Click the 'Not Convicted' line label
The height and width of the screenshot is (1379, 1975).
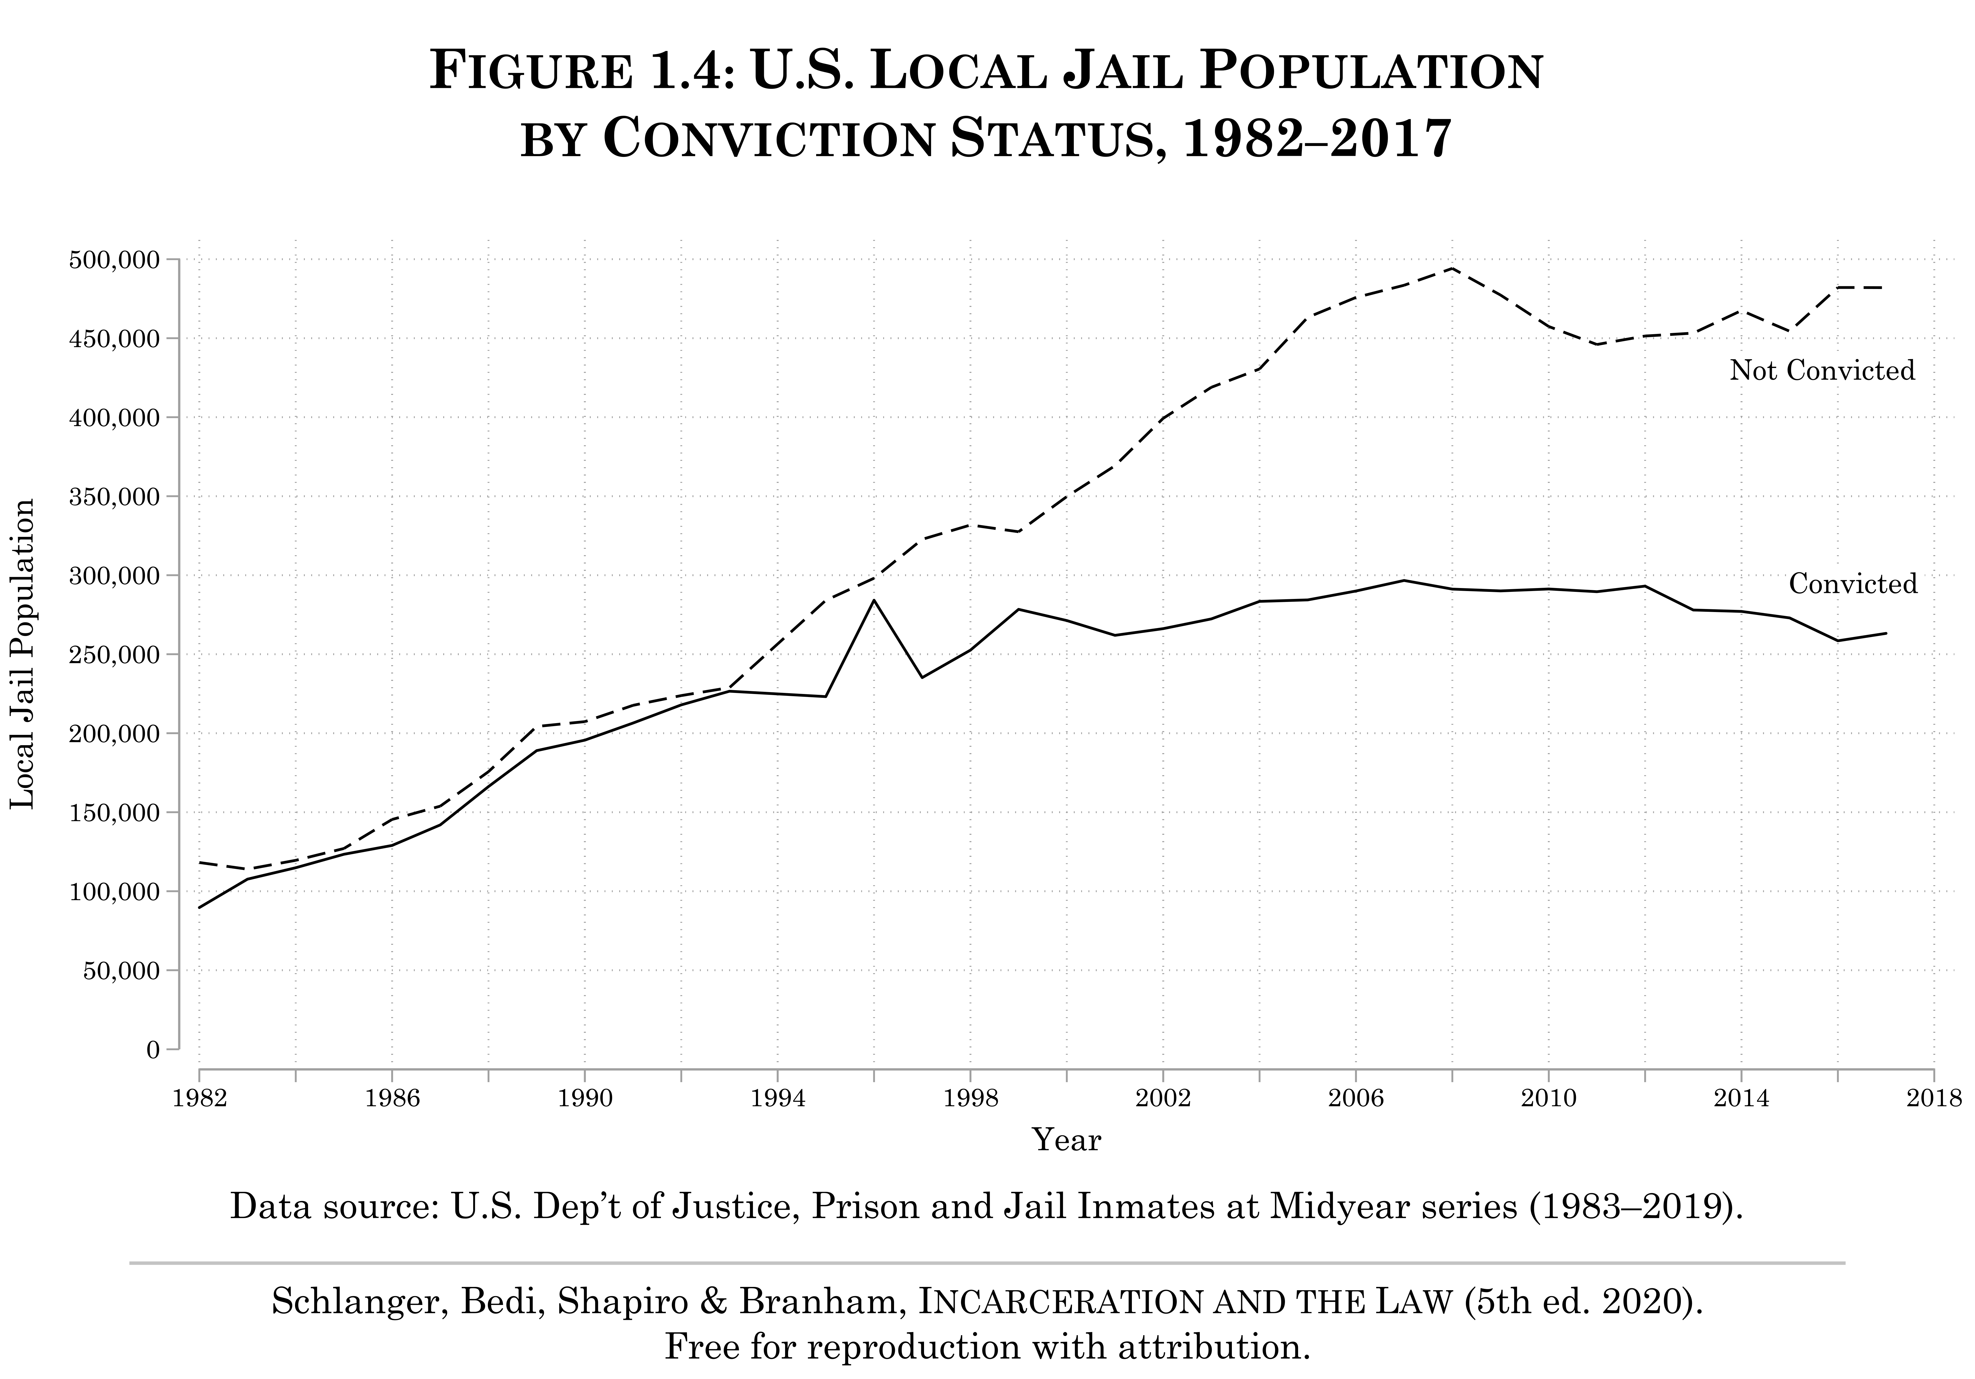coord(1822,371)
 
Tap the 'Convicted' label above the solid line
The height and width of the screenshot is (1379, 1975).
coord(1853,584)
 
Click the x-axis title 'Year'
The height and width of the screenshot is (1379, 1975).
coord(1067,1140)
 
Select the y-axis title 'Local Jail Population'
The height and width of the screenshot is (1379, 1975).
coord(23,654)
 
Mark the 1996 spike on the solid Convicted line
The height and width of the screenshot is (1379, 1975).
coord(874,601)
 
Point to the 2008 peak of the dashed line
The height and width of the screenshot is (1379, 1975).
coord(1452,267)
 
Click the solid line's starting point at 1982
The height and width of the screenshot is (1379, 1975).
coord(200,908)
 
